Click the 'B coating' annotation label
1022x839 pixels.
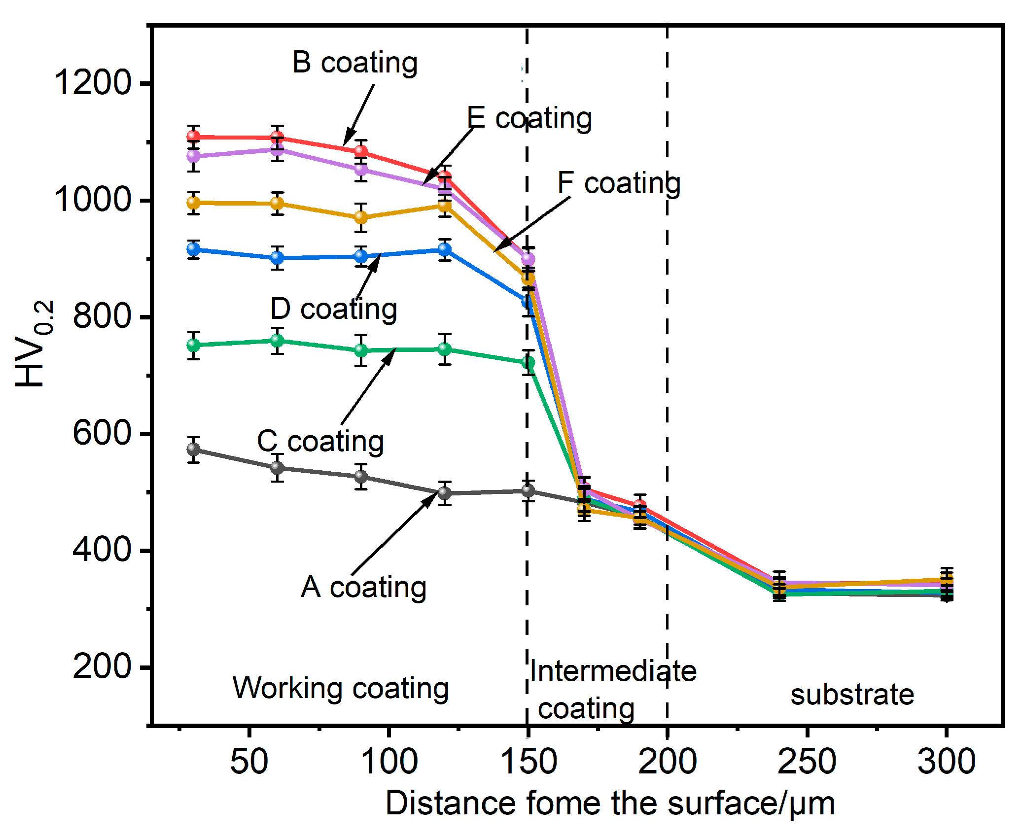354,63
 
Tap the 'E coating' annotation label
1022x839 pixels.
529,118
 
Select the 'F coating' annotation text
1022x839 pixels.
619,183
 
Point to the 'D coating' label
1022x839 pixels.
334,309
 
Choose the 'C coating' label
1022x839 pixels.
320,441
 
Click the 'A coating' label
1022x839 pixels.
364,587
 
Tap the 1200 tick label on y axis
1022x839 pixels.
93,82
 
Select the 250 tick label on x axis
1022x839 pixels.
807,761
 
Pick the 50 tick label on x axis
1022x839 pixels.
249,761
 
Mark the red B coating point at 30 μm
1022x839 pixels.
194,137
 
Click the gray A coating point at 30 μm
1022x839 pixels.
194,449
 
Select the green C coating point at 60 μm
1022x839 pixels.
278,341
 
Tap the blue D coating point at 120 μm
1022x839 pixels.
445,249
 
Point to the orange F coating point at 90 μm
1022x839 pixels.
361,217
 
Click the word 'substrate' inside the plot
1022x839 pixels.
852,695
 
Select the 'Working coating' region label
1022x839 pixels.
341,688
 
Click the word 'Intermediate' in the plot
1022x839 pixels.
613,671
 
